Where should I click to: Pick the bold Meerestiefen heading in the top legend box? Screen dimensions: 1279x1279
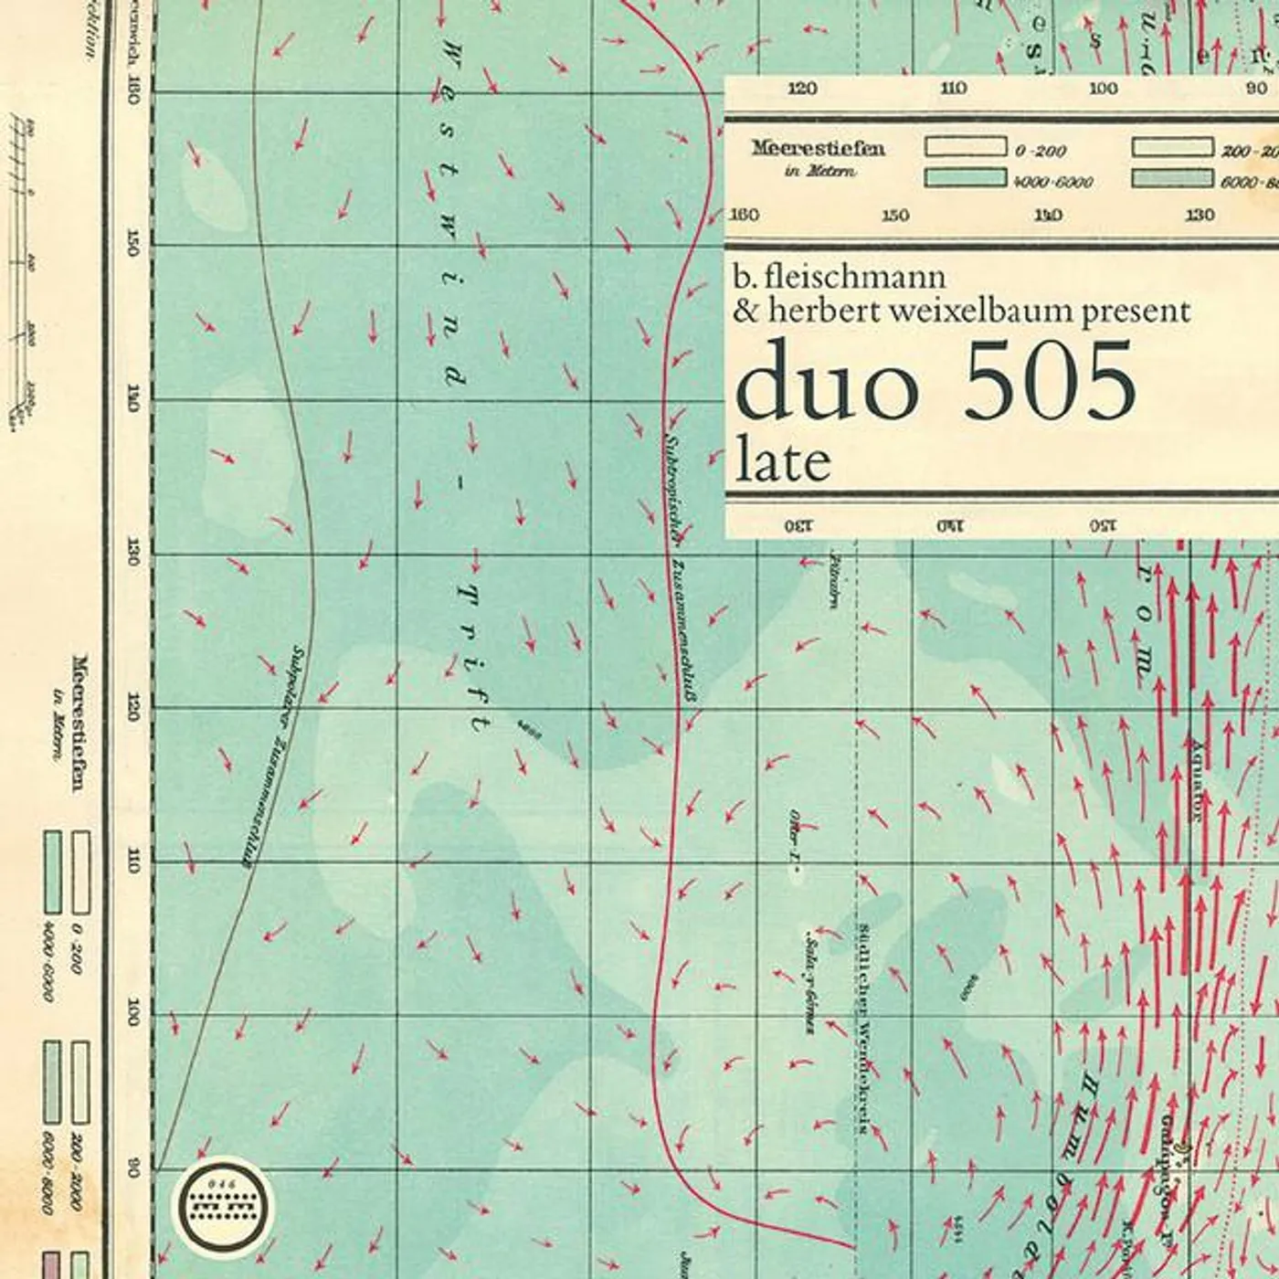(818, 148)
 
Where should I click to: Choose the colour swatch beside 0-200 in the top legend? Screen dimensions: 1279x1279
(965, 148)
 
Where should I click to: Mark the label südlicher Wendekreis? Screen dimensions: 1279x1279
(862, 1027)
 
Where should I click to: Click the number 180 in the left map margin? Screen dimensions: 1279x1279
(133, 90)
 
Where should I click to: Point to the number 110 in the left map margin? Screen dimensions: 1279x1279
(133, 861)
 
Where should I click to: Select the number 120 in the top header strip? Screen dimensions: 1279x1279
(801, 89)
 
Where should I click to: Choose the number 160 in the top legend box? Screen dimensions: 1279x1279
(745, 215)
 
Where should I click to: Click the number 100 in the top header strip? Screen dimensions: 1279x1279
(1103, 89)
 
